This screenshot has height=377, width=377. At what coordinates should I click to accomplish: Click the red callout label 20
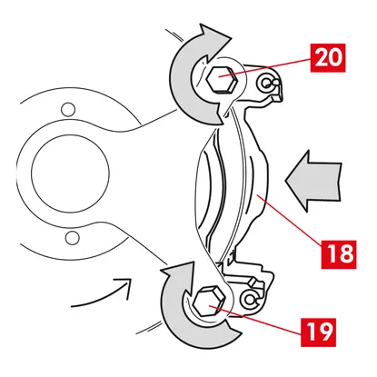coord(328,58)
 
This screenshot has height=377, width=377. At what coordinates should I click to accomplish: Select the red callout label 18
coord(339,254)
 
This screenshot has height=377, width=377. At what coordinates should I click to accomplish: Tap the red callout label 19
coord(319,332)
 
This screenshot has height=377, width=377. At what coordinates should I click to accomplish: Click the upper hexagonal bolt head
coord(221,79)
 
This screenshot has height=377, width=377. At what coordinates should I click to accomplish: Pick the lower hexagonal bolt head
coord(209,302)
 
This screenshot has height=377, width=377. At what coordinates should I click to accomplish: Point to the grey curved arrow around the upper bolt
coord(182,91)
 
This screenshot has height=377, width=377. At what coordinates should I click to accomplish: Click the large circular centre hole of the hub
coord(70,174)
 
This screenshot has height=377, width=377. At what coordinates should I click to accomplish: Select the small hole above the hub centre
coord(68,110)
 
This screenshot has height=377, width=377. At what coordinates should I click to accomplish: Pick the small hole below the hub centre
coord(72,237)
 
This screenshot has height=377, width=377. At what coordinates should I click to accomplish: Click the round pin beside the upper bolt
coord(267,83)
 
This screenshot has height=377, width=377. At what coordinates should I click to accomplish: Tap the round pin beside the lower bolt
coord(250,299)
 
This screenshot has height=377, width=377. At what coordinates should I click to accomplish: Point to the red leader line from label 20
coord(265,67)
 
